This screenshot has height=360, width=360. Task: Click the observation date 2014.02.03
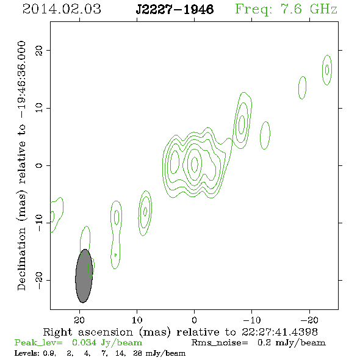pos(62,9)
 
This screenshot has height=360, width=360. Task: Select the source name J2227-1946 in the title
pos(175,10)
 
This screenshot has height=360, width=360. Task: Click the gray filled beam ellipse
pos(84,276)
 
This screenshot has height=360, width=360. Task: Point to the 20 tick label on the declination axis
pos(39,51)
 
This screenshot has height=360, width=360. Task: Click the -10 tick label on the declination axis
pos(39,223)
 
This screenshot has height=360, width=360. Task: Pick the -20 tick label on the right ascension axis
pos(309,320)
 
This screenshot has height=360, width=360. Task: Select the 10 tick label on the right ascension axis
pos(137,320)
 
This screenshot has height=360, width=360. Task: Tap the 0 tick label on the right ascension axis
pos(194,320)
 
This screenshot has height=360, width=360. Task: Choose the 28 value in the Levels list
pos(137,353)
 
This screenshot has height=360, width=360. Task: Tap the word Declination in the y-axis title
pos(21,259)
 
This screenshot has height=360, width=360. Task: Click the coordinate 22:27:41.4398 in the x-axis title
pos(279,332)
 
